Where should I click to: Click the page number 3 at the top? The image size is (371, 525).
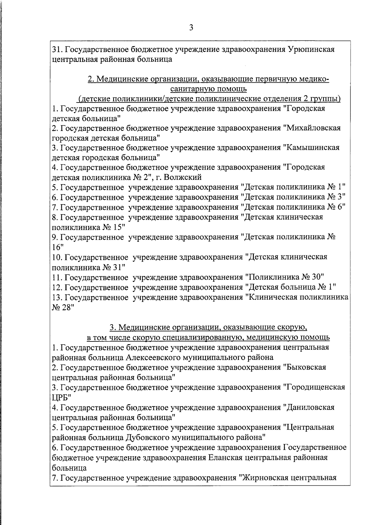[x=191, y=28]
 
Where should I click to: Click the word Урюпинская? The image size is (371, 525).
[x=311, y=49]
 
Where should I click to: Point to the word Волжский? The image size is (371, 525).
[x=183, y=177]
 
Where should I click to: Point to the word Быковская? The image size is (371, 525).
[x=305, y=367]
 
